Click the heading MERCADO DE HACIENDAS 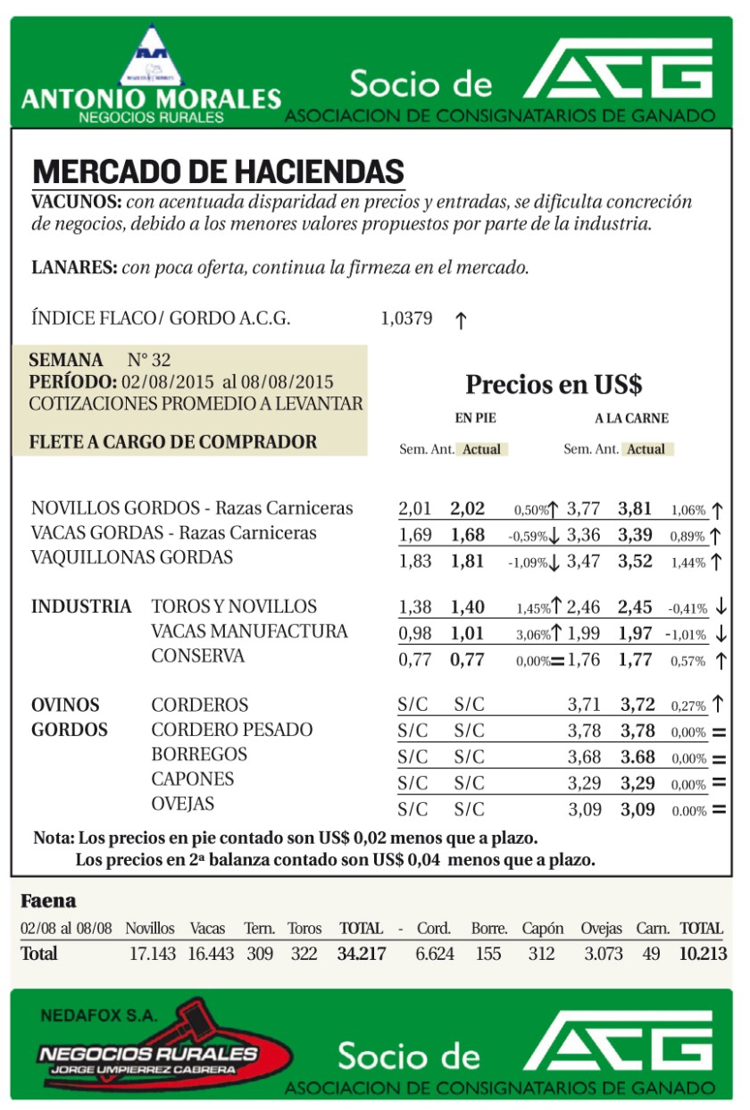(x=218, y=171)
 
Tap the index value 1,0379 (x=406, y=319)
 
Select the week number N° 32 (x=149, y=361)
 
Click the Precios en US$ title (x=554, y=385)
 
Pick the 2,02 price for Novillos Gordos (x=467, y=509)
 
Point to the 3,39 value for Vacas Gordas (x=635, y=534)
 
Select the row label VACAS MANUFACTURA (x=249, y=631)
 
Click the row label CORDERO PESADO (x=231, y=730)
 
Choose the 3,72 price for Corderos (x=637, y=705)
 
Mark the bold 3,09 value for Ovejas (x=637, y=810)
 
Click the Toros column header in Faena (x=304, y=929)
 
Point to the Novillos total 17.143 (x=152, y=954)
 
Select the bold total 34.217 (x=361, y=954)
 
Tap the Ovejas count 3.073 (x=603, y=954)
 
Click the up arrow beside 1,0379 (x=461, y=321)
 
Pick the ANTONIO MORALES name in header (x=150, y=98)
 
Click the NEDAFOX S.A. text (x=97, y=1015)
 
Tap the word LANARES (x=73, y=266)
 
